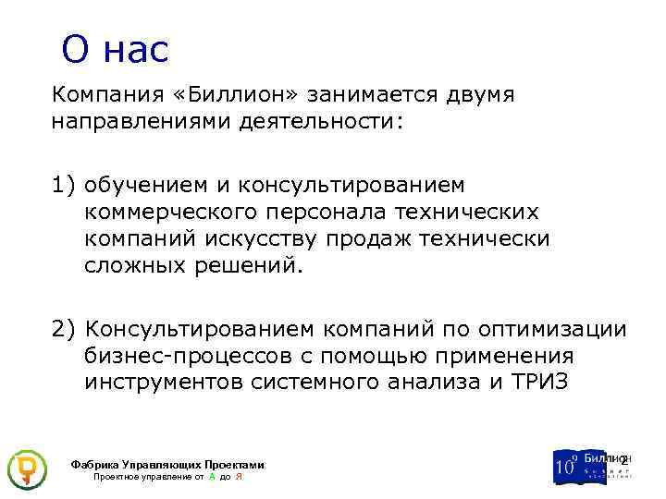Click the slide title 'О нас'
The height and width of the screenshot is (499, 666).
(116, 49)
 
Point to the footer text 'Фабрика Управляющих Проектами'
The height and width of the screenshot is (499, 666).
(166, 465)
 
